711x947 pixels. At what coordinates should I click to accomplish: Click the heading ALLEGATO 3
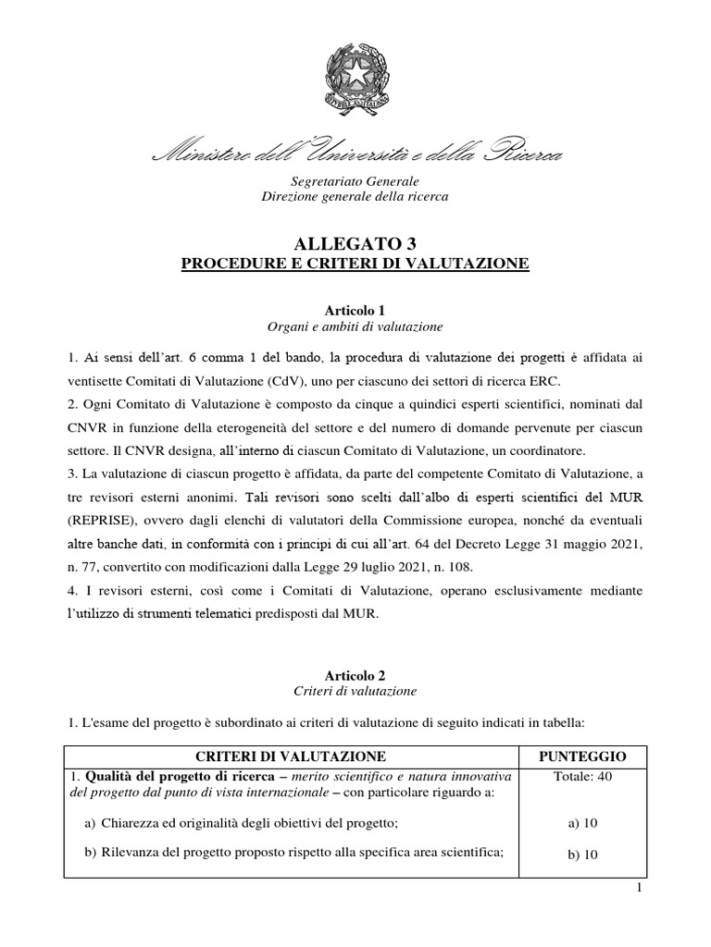355,245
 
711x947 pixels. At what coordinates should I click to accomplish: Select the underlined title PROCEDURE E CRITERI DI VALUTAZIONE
355,264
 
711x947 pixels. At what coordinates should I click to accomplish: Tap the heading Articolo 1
355,311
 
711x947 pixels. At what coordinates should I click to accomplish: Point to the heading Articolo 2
355,675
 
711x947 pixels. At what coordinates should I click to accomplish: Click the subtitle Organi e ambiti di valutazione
355,326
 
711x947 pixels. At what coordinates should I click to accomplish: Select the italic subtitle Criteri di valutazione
355,691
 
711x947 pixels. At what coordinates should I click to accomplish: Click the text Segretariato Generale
355,181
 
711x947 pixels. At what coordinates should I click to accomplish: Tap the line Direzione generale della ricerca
355,197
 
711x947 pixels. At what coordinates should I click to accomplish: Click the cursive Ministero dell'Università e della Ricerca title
355,154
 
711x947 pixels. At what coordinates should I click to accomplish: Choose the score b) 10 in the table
583,855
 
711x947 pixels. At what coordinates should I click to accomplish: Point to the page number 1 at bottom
692,890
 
